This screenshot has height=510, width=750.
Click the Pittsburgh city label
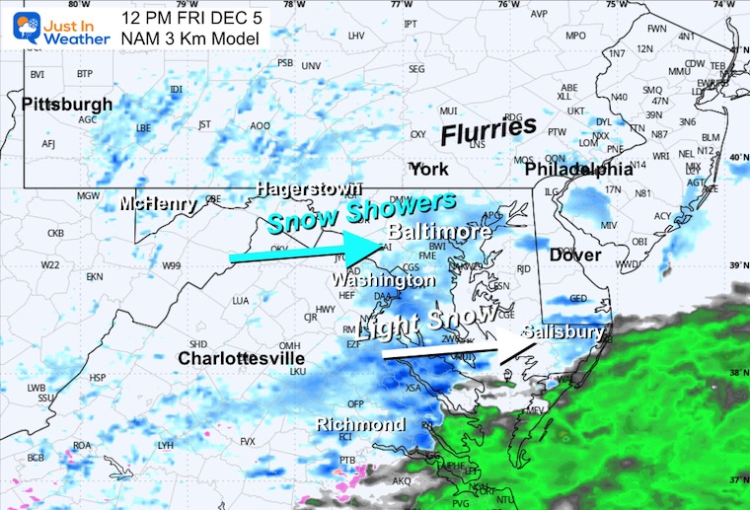(66, 104)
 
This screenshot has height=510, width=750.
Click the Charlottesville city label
(241, 358)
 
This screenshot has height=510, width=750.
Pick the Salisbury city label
(562, 332)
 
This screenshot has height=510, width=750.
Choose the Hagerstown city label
(309, 187)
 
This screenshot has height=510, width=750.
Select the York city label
(429, 169)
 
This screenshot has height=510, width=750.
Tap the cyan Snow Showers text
(362, 210)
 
